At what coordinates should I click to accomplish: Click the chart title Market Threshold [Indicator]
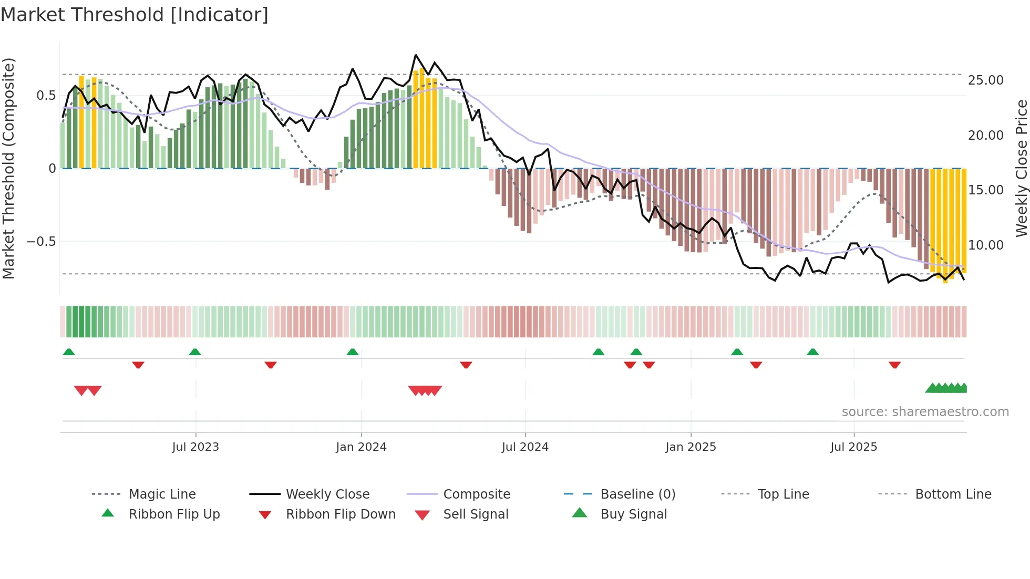click(135, 15)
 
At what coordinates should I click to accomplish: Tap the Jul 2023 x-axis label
click(195, 447)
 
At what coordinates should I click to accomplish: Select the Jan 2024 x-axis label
click(361, 447)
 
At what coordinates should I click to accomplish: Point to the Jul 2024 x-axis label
click(525, 447)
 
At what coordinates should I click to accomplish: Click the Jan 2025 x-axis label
click(691, 447)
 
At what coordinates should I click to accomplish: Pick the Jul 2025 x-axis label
click(853, 447)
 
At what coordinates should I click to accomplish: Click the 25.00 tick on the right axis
click(985, 80)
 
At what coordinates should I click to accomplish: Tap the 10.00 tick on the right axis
click(985, 245)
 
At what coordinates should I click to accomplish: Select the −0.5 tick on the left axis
click(41, 242)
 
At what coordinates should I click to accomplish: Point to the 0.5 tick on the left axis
click(46, 96)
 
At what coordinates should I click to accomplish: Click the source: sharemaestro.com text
click(925, 412)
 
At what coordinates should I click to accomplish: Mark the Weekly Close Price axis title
click(1021, 168)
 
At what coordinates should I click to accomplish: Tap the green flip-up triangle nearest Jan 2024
click(353, 352)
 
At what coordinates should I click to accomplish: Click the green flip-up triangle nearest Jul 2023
click(195, 352)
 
